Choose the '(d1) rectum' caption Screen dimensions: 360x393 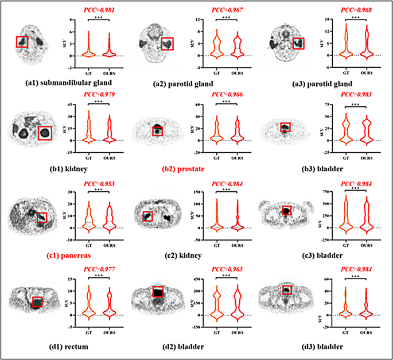43,347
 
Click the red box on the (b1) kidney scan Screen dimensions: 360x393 44,133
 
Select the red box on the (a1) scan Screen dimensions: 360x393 22,42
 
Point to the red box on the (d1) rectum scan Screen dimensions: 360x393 38,301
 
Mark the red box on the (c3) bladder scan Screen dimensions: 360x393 286,211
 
